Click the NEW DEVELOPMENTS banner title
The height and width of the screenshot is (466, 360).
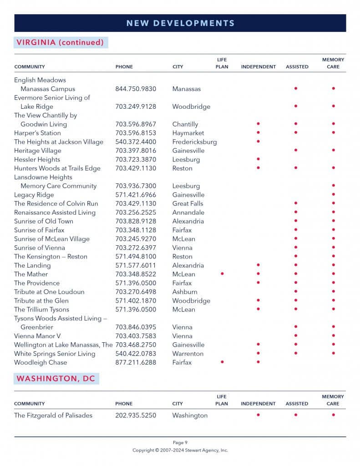pyautogui.click(x=180, y=23)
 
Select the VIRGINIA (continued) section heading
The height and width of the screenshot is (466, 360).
pyautogui.click(x=60, y=42)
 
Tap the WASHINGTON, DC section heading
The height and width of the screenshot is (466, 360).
pyautogui.click(x=56, y=379)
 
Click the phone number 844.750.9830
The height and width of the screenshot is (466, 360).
pyautogui.click(x=136, y=89)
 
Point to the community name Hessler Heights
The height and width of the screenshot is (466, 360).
pyautogui.click(x=37, y=159)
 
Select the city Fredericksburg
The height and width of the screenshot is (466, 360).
pyautogui.click(x=194, y=142)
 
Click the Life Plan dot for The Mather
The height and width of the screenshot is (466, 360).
pyautogui.click(x=222, y=274)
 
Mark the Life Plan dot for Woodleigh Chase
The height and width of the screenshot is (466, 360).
pyautogui.click(x=222, y=362)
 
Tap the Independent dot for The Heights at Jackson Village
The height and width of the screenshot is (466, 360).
pyautogui.click(x=258, y=142)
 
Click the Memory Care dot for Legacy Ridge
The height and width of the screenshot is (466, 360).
pyautogui.click(x=333, y=195)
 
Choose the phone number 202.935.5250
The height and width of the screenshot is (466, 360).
pyautogui.click(x=136, y=415)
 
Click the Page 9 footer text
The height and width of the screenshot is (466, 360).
pyautogui.click(x=180, y=442)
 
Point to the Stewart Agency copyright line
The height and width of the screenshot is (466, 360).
pyautogui.click(x=180, y=450)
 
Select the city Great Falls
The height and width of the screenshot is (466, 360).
pyautogui.click(x=188, y=203)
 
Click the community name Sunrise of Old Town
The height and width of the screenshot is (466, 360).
pyautogui.click(x=43, y=221)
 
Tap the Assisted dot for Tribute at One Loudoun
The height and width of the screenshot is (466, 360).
pyautogui.click(x=296, y=292)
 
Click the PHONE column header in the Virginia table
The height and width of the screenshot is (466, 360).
pyautogui.click(x=124, y=67)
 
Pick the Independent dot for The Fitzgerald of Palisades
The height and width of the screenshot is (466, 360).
pyautogui.click(x=258, y=415)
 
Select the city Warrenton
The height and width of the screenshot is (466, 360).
pyautogui.click(x=188, y=354)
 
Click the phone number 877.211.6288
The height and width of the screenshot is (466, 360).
pyautogui.click(x=136, y=362)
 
